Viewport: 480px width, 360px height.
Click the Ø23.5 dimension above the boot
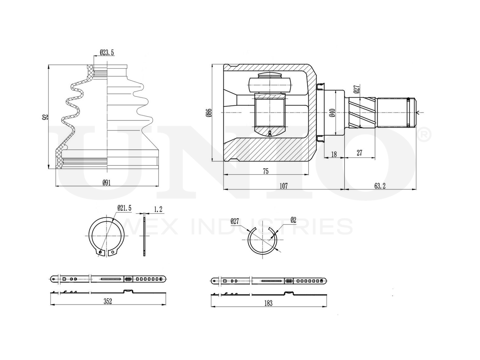coord(106,53)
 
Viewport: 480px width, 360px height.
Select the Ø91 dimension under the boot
coord(107,183)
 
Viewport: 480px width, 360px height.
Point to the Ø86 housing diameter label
coord(209,113)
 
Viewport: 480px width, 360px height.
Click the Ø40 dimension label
coord(332,113)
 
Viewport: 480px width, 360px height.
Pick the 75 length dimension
coord(265,171)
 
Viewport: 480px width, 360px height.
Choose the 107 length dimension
coord(283,186)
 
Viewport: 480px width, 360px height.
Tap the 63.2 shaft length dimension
coord(379,186)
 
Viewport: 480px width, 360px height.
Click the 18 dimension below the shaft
coord(334,154)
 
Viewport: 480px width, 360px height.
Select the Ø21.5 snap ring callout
coord(124,207)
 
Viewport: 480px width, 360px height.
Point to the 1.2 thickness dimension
coord(158,209)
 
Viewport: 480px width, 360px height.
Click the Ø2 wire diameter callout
coord(293,220)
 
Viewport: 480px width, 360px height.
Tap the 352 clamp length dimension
coord(108,301)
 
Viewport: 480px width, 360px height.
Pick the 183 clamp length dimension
coord(268,303)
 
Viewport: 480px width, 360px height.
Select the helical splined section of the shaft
coord(362,113)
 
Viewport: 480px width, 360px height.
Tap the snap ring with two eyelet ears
coord(106,237)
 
